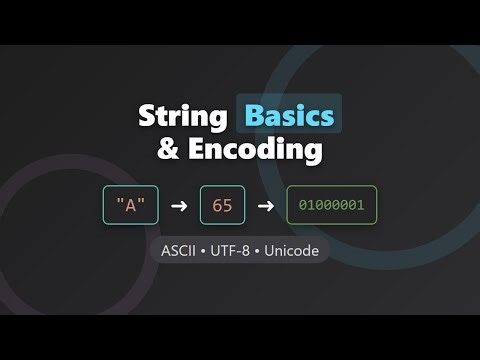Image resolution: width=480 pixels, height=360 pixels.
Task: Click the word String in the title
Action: coord(185,116)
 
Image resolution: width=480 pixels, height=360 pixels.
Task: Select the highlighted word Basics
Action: coord(288,116)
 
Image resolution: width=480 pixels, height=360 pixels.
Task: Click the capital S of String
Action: coord(147,116)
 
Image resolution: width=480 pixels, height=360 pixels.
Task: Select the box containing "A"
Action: coord(130,206)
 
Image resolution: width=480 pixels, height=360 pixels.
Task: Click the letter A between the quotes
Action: coord(130,206)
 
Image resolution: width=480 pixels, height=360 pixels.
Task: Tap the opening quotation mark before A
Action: coord(121,203)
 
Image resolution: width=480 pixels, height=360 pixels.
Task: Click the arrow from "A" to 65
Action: coord(178,206)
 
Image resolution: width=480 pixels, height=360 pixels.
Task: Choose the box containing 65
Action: coord(222,206)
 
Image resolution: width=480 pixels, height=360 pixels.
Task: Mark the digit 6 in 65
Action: coord(217,206)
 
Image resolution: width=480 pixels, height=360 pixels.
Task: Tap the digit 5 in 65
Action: coord(227,206)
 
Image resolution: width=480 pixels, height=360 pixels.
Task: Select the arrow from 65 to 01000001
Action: coord(265,206)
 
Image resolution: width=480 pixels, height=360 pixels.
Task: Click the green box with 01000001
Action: coord(332,206)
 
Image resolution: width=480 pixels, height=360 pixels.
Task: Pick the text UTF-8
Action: coord(238,250)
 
